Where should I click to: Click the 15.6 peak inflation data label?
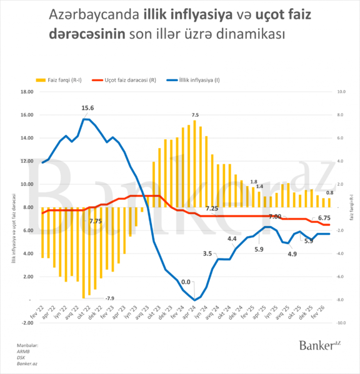(x=88, y=108)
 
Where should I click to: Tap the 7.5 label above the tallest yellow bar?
(x=195, y=115)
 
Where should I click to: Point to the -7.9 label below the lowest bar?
(x=109, y=297)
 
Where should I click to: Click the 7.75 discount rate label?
(x=96, y=221)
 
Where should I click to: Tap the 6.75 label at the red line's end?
(x=324, y=218)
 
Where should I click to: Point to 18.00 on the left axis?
(x=27, y=92)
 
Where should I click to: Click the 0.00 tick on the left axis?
(x=28, y=300)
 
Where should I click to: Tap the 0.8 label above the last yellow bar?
(x=329, y=193)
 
